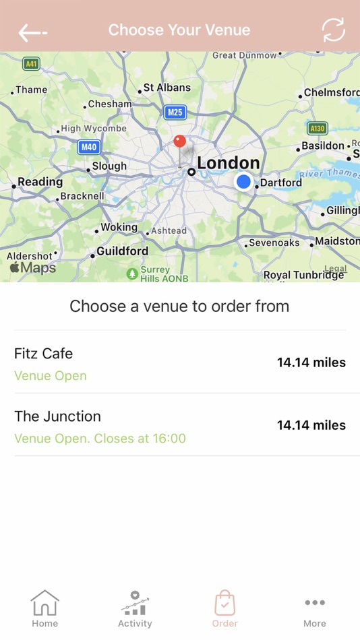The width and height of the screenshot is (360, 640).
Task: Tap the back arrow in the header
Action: tap(32, 32)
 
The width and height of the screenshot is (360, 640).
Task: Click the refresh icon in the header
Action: tap(333, 30)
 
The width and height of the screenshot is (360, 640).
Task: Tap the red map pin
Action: tap(179, 141)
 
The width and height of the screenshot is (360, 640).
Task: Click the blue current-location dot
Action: tap(243, 181)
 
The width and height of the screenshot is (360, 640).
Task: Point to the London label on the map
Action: tap(228, 163)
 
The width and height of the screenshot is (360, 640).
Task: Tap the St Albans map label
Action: tap(167, 88)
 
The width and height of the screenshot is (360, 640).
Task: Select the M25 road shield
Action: tap(175, 113)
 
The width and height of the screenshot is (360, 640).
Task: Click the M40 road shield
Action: tap(88, 147)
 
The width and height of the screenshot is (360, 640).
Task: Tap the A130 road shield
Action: tap(317, 128)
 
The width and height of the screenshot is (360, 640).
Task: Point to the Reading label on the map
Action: tap(40, 182)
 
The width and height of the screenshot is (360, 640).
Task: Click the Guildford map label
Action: tap(122, 251)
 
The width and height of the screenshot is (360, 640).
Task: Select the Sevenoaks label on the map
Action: tap(274, 243)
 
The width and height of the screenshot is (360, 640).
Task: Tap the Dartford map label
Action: tap(280, 183)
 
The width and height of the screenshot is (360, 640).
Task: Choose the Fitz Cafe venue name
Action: tap(43, 353)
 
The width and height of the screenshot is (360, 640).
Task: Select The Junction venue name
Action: tap(57, 416)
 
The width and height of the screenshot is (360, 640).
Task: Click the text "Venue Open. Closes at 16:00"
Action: tap(100, 439)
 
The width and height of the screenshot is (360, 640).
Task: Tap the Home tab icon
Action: tap(44, 603)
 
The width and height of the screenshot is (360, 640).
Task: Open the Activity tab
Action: tap(135, 608)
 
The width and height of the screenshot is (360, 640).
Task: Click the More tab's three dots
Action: tap(314, 603)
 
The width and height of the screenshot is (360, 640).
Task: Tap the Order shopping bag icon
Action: tap(224, 603)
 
